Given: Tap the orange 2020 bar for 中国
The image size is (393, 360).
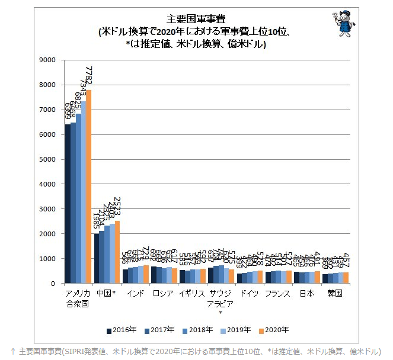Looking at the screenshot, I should (117, 252).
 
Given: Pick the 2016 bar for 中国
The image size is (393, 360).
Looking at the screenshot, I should (96, 259).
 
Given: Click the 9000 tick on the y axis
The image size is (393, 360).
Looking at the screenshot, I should (46, 60).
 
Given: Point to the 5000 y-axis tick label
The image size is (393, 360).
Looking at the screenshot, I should (46, 159).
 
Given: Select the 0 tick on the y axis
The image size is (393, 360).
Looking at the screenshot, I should (52, 284).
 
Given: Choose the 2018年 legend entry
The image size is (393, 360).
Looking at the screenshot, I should (194, 329).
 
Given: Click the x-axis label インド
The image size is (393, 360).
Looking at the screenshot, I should (135, 293).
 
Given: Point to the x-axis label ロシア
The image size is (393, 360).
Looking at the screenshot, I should (164, 293).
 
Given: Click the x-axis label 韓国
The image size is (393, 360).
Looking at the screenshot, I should (334, 293).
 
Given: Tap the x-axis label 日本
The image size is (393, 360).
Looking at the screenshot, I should (306, 293).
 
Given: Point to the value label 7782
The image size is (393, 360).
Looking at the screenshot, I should (90, 77).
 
